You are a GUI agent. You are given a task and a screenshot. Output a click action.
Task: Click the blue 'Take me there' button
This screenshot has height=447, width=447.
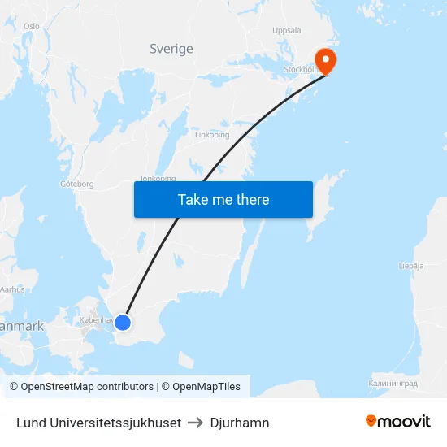coord(223,200)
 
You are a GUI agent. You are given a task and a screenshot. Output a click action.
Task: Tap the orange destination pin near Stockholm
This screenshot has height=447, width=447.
coord(326,59)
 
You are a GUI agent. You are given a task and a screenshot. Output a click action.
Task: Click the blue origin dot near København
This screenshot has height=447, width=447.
coord(123,323)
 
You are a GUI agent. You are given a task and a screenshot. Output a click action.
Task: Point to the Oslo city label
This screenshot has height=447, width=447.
coord(32,26)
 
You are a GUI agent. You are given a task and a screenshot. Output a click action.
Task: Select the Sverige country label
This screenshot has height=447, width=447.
coord(171,49)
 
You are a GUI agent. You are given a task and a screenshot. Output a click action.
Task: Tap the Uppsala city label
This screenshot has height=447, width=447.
coord(287,30)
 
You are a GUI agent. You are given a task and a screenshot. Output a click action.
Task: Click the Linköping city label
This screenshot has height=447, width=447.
coord(212,135)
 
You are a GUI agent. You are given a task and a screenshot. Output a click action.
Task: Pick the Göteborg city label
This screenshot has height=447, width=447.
coord(77,184)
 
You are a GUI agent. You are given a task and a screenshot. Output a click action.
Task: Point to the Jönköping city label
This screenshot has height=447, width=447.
coord(158,178)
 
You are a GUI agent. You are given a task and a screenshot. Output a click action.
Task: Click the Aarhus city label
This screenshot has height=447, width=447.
coord(13,289)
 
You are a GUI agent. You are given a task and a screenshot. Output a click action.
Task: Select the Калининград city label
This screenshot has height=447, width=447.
coord(393,383)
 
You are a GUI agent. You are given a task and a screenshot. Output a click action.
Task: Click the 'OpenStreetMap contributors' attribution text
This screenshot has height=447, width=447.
coord(87,387)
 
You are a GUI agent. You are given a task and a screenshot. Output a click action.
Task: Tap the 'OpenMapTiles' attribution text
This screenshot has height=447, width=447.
coord(206,387)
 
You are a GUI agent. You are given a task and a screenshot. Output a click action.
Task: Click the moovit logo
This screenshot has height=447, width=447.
coord(398,422)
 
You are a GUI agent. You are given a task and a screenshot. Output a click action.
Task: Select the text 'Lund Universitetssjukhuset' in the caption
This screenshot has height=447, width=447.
coord(98,423)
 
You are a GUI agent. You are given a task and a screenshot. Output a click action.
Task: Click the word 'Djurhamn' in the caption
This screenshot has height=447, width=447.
coord(240,423)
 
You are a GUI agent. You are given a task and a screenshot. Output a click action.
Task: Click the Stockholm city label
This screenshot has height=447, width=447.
coord(301,70)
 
